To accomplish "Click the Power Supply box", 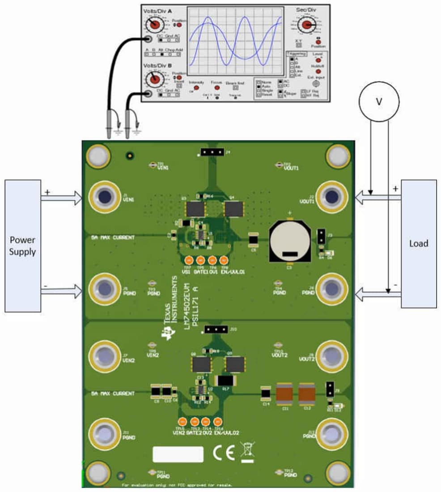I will [22, 246].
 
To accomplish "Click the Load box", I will [419, 244].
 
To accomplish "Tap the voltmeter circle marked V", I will [379, 102].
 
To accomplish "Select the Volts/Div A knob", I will [154, 25].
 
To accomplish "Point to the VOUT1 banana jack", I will [332, 197].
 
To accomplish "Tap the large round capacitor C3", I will [289, 242].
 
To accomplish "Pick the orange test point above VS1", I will [189, 261].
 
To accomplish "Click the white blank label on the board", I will [178, 454].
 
